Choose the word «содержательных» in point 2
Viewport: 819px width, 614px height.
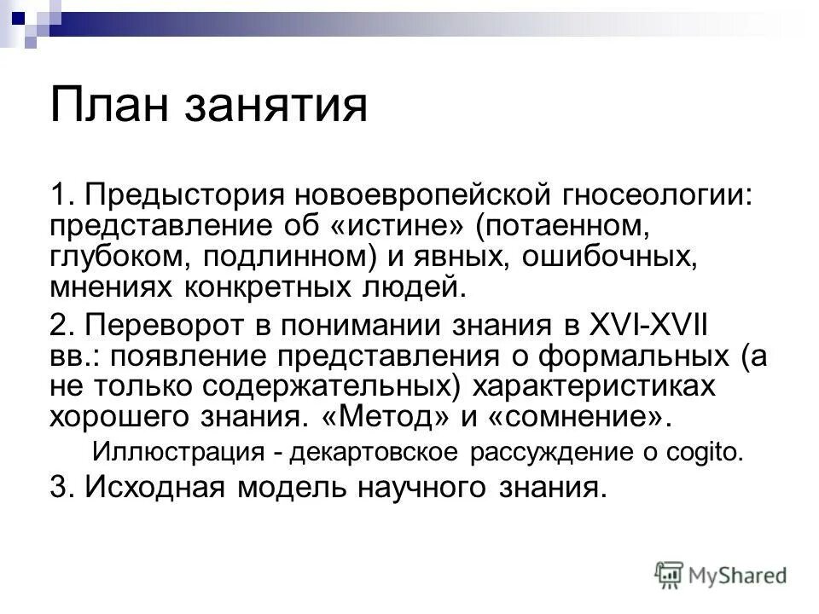pyautogui.click(x=334, y=385)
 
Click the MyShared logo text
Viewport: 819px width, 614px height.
pyautogui.click(x=738, y=575)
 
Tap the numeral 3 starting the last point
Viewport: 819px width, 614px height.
pyautogui.click(x=57, y=487)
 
